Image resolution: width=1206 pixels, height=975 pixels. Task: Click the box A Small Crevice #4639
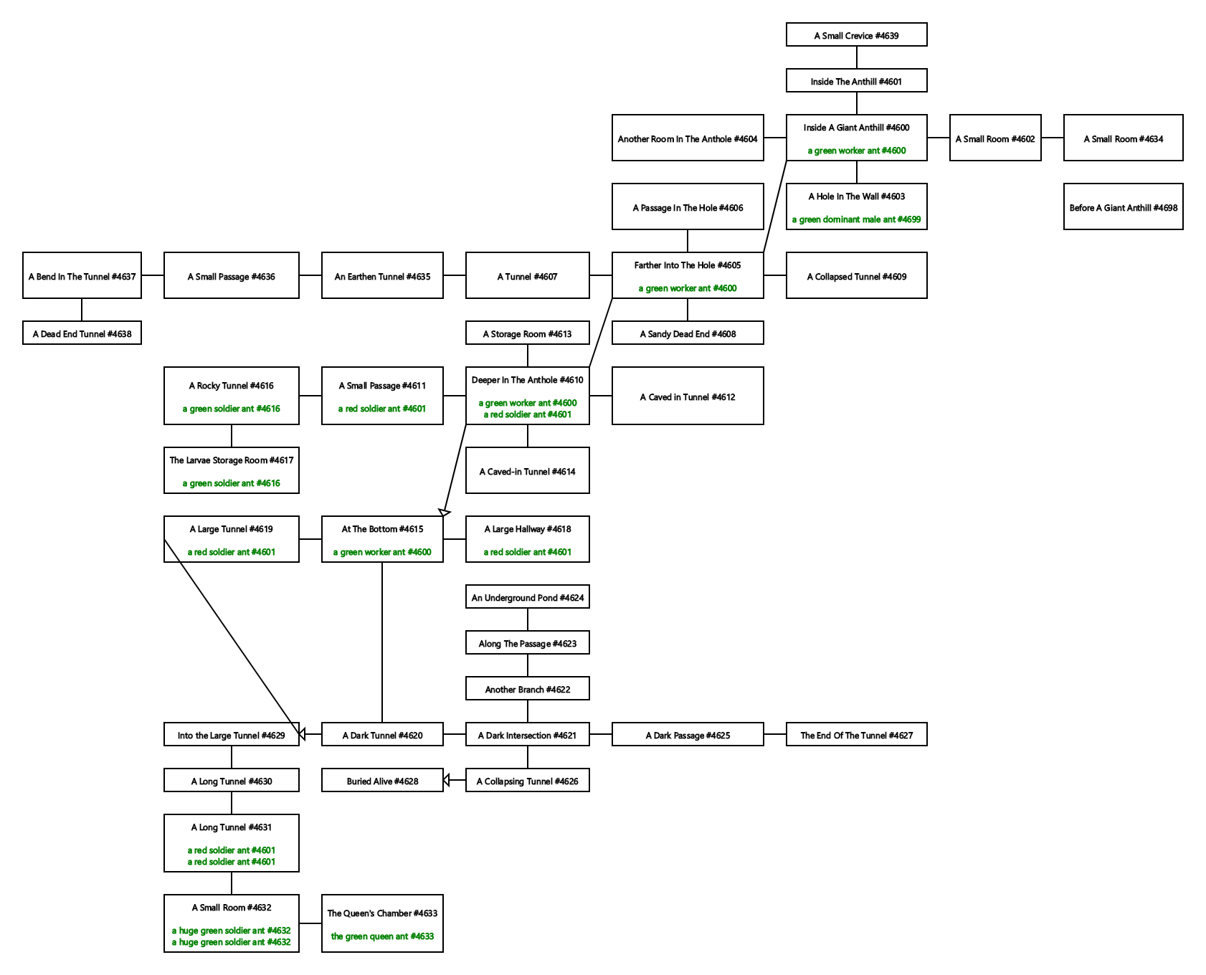pyautogui.click(x=856, y=35)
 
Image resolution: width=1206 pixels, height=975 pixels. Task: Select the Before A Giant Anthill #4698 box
pyautogui.click(x=1123, y=207)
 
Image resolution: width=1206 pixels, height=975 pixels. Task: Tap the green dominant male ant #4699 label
pyautogui.click(x=856, y=219)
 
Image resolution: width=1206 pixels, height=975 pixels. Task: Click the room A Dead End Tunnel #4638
pyautogui.click(x=82, y=333)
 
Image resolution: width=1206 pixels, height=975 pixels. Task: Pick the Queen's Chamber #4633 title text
pyautogui.click(x=382, y=913)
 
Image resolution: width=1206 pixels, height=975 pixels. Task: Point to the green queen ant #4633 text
pyautogui.click(x=382, y=936)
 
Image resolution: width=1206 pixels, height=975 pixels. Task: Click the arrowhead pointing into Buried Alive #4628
pyautogui.click(x=447, y=780)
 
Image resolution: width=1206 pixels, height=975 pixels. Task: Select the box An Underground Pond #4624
pyautogui.click(x=527, y=597)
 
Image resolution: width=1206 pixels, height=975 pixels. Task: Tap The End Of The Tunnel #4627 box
pyautogui.click(x=856, y=735)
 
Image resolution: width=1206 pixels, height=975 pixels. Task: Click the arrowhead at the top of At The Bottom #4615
pyautogui.click(x=445, y=512)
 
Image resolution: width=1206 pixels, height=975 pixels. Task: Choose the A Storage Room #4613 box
pyautogui.click(x=527, y=333)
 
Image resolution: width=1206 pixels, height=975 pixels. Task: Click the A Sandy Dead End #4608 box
pyautogui.click(x=687, y=333)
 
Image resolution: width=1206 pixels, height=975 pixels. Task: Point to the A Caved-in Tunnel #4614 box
pyautogui.click(x=527, y=471)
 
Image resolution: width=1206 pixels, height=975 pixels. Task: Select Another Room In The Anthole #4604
pyautogui.click(x=687, y=138)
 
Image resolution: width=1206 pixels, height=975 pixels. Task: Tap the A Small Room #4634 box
pyautogui.click(x=1123, y=138)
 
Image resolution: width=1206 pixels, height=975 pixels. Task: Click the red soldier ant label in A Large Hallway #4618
pyautogui.click(x=527, y=552)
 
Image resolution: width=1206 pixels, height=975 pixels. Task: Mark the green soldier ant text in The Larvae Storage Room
pyautogui.click(x=231, y=483)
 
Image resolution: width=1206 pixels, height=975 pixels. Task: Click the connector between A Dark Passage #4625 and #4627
pyautogui.click(x=774, y=734)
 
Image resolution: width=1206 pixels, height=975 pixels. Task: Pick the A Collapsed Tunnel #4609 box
pyautogui.click(x=856, y=276)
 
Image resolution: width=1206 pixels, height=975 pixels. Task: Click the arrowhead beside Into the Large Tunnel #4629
pyautogui.click(x=302, y=734)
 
